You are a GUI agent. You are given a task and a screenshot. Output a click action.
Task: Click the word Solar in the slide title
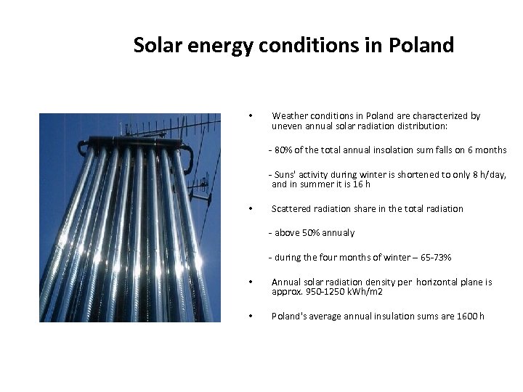pyautogui.click(x=158, y=46)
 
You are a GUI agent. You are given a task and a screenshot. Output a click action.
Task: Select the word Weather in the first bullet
pyautogui.click(x=289, y=115)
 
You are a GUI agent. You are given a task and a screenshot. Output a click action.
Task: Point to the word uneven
pyautogui.click(x=286, y=126)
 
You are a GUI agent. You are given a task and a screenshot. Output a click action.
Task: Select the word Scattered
pyautogui.click(x=292, y=209)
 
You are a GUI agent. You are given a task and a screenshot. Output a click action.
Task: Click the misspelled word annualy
pyautogui.click(x=339, y=233)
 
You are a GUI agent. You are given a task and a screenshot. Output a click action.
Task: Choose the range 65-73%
pyautogui.click(x=436, y=258)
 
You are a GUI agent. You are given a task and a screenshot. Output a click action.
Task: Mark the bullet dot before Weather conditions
pyautogui.click(x=250, y=116)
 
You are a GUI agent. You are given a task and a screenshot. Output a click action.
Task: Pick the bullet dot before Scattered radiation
pyautogui.click(x=250, y=209)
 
